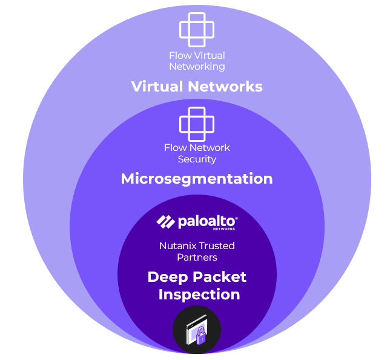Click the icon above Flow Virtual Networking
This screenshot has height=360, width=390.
197,29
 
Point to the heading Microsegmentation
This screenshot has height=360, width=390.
197,179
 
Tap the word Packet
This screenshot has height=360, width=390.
221,277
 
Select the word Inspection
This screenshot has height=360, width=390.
199,295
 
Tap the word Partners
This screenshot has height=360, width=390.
197,257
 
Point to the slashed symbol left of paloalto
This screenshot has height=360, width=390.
165,222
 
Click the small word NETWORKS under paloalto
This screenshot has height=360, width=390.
224,229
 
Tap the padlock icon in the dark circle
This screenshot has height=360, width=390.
197,330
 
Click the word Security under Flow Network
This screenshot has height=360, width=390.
197,159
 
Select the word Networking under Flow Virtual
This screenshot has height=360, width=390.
197,66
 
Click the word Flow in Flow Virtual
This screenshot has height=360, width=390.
180,55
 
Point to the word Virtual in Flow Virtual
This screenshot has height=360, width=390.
209,55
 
